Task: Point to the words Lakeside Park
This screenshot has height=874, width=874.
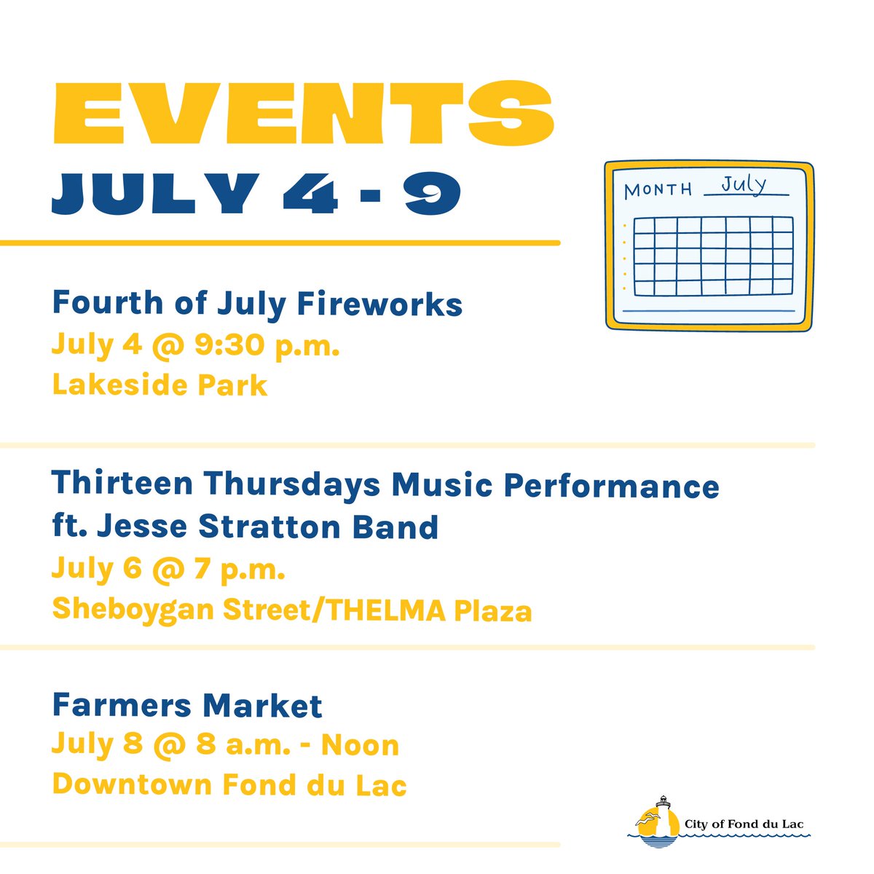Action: click(160, 385)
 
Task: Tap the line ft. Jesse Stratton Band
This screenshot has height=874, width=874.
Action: click(245, 526)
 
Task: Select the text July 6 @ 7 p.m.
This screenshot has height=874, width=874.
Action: click(168, 570)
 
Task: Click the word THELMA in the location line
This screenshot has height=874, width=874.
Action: click(386, 610)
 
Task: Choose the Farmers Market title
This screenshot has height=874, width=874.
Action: click(187, 705)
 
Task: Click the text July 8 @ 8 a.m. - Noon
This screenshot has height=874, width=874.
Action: click(225, 745)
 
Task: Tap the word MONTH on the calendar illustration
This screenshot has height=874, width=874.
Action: click(658, 190)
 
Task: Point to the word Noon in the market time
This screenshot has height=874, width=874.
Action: click(360, 745)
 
